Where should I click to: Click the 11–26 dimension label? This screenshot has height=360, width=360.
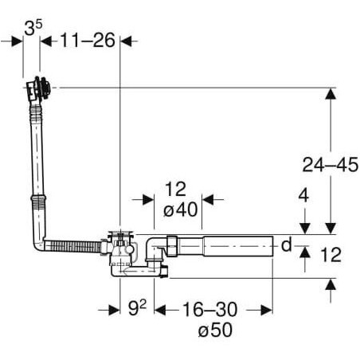point(88,41)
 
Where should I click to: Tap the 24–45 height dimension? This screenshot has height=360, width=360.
point(331,165)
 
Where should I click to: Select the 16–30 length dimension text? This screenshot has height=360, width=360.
point(209,310)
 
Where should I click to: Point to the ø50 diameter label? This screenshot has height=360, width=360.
point(215,330)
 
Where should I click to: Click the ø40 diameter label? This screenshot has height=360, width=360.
point(181,209)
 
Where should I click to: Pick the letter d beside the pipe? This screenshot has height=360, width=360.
point(286,245)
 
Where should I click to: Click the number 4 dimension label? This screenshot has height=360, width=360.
point(303,196)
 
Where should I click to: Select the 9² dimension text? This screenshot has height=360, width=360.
point(137,307)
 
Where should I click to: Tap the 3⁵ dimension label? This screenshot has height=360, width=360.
point(33,27)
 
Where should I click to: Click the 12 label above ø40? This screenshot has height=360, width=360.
point(175,189)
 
